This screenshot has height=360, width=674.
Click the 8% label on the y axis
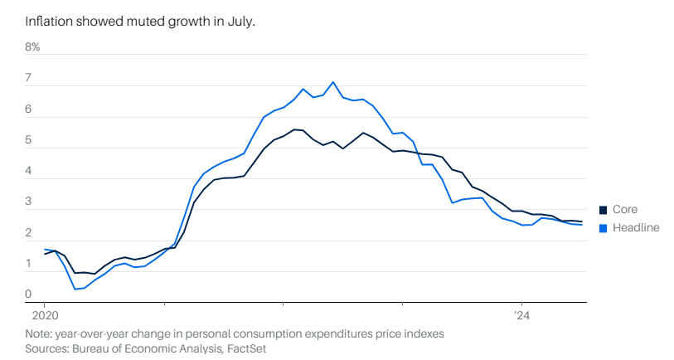(x=32, y=47)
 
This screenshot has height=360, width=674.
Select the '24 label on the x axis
(x=521, y=316)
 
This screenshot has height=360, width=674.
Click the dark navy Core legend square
(x=604, y=210)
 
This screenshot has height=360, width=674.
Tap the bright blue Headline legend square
(x=604, y=227)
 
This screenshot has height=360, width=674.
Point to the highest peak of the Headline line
(x=333, y=81)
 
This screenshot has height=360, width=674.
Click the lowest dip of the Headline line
(x=75, y=289)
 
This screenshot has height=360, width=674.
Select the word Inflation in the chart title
(x=49, y=20)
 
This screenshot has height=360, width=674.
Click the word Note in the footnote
(x=38, y=333)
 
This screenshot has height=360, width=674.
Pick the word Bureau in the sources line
(x=95, y=348)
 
